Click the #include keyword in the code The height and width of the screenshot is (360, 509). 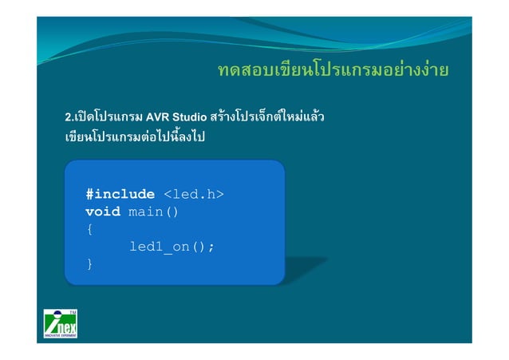coord(120,194)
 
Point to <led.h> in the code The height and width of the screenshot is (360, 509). coord(193,194)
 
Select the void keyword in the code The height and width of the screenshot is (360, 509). coord(103,212)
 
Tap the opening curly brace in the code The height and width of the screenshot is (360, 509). coord(89,229)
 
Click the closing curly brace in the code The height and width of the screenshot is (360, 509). coord(89,264)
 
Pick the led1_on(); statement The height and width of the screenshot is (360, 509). coord(172,247)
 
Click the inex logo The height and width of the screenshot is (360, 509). coord(61,324)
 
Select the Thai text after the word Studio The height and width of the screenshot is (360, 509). coord(267,120)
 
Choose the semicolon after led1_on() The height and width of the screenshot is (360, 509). coord(211,247)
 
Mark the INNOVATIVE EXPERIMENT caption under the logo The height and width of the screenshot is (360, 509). coord(61,338)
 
